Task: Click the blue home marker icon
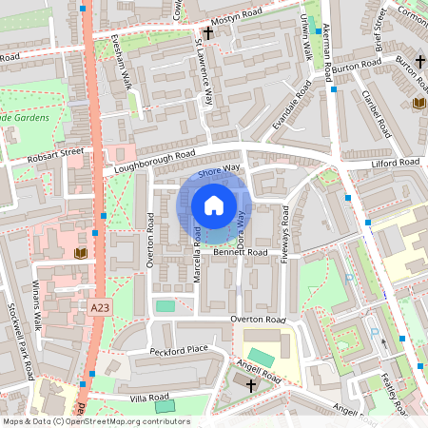click(214, 205)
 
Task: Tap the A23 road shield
click(102, 308)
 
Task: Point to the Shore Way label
click(220, 168)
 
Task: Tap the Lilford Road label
click(395, 164)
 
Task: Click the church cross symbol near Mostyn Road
click(207, 31)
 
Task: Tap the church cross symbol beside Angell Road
click(251, 385)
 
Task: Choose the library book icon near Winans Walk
click(80, 253)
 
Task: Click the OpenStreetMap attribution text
click(95, 420)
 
